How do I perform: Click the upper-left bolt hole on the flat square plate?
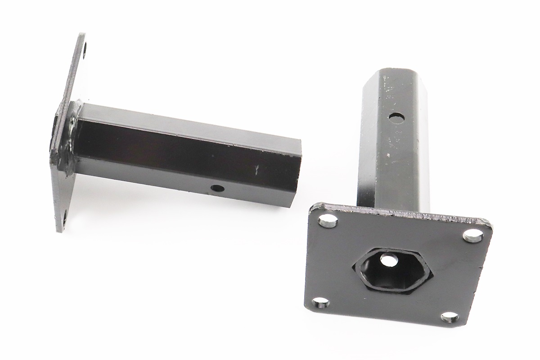tap(328, 220)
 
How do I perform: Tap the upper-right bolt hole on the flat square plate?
tap(473, 235)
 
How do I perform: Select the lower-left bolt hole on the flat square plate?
tap(320, 302)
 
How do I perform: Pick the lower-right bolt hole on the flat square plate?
tap(450, 318)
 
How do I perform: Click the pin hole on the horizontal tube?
tap(217, 188)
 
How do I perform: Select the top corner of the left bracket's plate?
tap(82, 34)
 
